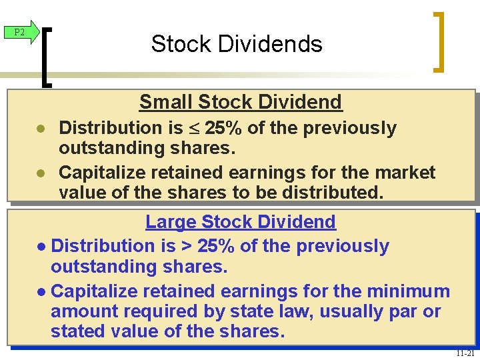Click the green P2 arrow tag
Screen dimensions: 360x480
point(19,32)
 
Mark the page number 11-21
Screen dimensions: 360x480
point(465,353)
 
